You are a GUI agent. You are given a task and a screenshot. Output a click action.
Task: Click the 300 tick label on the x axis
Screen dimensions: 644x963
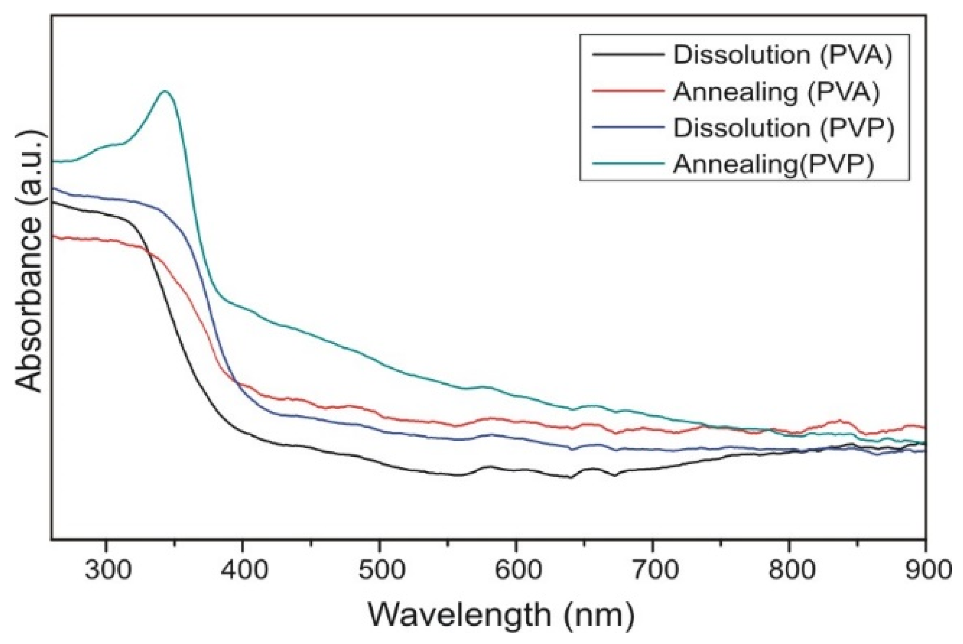[x=106, y=571]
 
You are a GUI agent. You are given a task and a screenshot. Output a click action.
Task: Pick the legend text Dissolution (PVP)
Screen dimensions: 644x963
[x=783, y=128]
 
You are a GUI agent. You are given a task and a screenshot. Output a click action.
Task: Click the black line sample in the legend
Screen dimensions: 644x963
[x=628, y=54]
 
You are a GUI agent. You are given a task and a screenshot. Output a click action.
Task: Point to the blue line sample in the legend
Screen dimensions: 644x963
[x=628, y=127]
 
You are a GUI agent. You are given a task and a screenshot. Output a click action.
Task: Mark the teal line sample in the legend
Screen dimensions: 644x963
[x=628, y=163]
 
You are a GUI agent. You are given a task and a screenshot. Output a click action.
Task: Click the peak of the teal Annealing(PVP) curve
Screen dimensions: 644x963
[x=165, y=91]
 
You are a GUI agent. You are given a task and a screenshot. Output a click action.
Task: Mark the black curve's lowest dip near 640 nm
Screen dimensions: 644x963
[x=570, y=478]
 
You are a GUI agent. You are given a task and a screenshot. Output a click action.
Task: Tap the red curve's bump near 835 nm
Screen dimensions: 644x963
[x=838, y=421]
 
